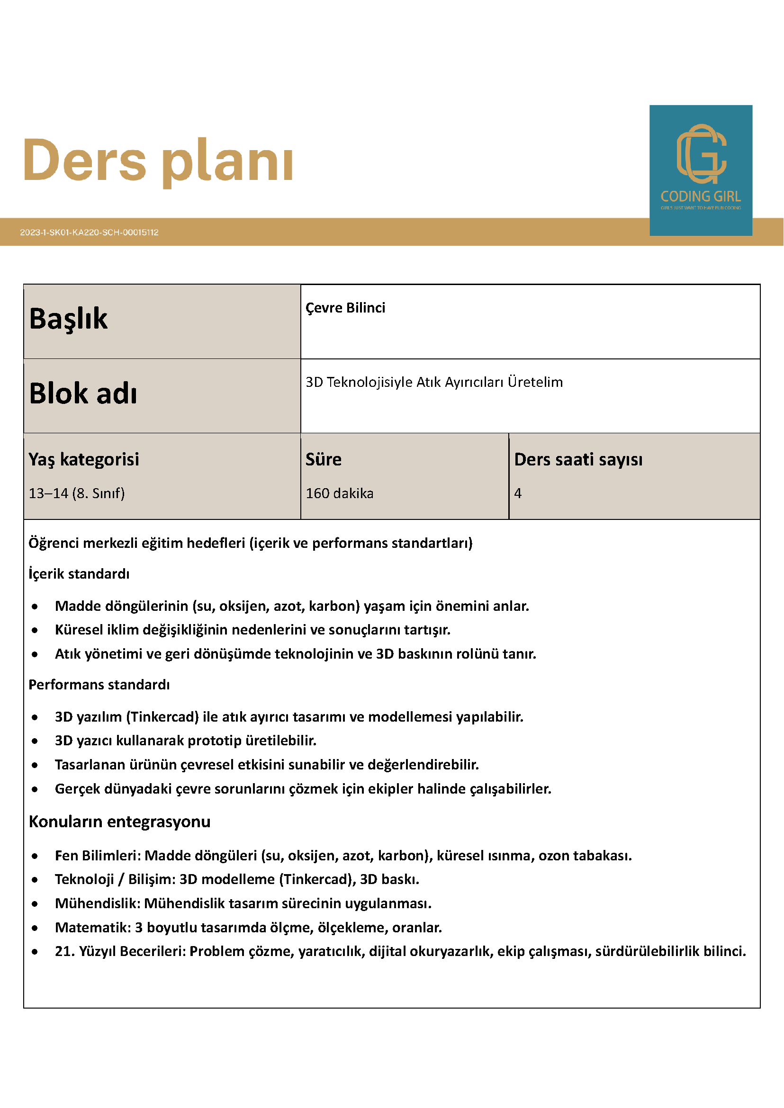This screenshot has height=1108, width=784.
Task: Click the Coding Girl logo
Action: (701, 170)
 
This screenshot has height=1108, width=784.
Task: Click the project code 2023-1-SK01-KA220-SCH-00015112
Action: (90, 232)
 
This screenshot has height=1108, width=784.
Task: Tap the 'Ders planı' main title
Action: (158, 161)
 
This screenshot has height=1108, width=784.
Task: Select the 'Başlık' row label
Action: (69, 319)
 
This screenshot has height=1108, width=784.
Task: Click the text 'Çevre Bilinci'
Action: (345, 308)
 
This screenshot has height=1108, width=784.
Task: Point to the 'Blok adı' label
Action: (83, 393)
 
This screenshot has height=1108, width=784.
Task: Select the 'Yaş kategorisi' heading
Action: (83, 459)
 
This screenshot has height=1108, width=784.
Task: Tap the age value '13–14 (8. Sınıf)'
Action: (77, 493)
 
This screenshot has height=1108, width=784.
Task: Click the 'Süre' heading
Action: (324, 459)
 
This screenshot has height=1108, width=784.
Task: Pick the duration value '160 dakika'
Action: (339, 493)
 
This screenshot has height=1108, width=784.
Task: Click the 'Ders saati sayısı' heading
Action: (578, 459)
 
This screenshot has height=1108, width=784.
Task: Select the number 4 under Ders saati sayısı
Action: (517, 493)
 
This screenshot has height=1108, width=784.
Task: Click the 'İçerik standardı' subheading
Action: (79, 574)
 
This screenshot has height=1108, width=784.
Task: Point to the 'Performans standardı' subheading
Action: (99, 685)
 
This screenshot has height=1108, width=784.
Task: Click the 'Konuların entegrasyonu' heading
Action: (120, 822)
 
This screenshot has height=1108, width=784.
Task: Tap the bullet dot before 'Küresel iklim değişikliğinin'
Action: (35, 630)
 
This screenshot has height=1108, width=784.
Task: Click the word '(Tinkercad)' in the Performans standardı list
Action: (162, 717)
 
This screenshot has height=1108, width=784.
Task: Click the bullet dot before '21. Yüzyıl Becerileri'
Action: (35, 952)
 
